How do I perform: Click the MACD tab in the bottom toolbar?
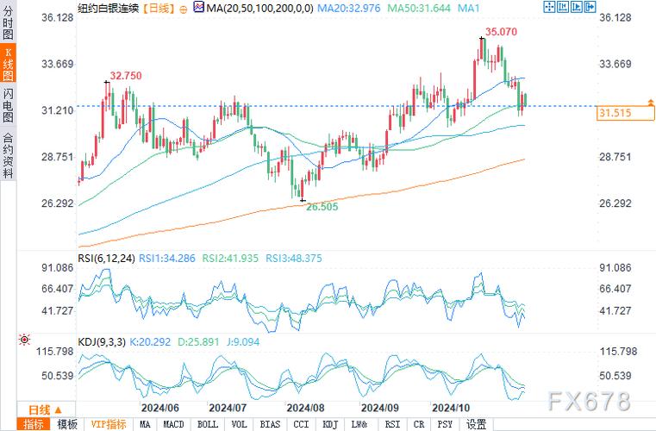coord(174,424)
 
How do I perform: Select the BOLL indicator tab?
coord(207,424)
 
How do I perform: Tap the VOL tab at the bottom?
coord(239,424)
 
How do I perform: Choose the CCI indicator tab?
coord(301,424)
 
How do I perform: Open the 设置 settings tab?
coord(476,424)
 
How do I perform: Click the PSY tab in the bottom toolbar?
coord(445,424)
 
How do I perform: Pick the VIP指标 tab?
coord(109,424)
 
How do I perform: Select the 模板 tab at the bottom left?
coord(67,424)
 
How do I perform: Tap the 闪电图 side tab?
coord(8,105)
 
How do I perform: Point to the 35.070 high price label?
coord(502,32)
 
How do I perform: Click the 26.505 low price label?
coord(322,207)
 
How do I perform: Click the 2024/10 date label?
coord(449,407)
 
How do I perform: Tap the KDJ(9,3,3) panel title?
coord(102,342)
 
